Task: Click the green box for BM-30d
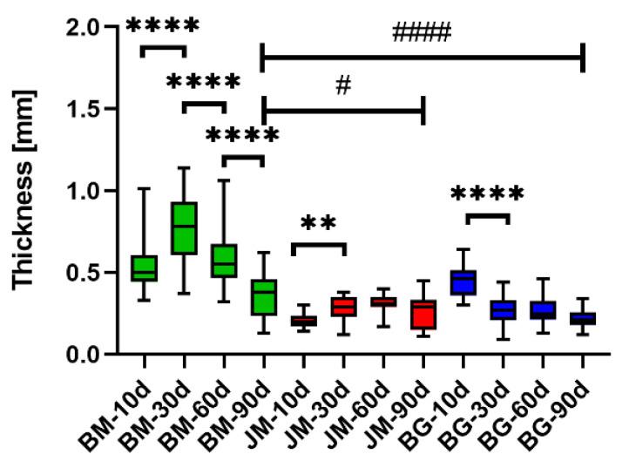[x=184, y=227]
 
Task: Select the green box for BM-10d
[x=144, y=268]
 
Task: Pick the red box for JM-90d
[x=422, y=315]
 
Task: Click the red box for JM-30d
[x=342, y=307]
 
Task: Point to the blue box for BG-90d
[x=582, y=318]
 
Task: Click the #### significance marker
[x=422, y=34]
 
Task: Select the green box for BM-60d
[x=223, y=260]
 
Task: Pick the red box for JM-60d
[x=382, y=302]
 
